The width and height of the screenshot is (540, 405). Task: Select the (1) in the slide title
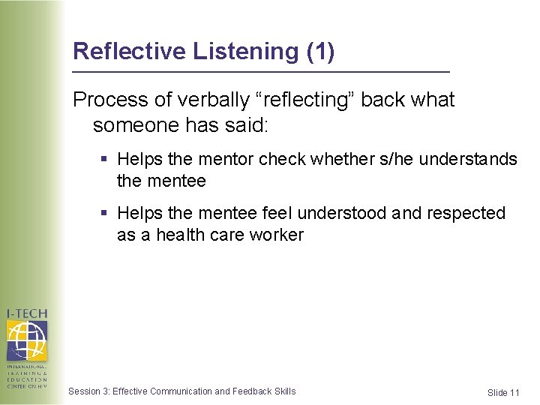[x=321, y=52]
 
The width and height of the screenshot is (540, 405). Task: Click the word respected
[x=466, y=213]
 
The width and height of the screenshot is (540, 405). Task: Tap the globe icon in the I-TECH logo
[x=26, y=340]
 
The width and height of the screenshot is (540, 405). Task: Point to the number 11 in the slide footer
[x=514, y=393]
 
